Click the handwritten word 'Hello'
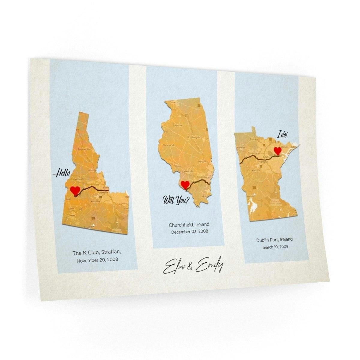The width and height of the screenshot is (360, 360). click(62, 173)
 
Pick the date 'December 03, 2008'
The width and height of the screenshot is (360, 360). click(189, 232)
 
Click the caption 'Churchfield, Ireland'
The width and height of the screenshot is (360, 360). click(189, 225)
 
